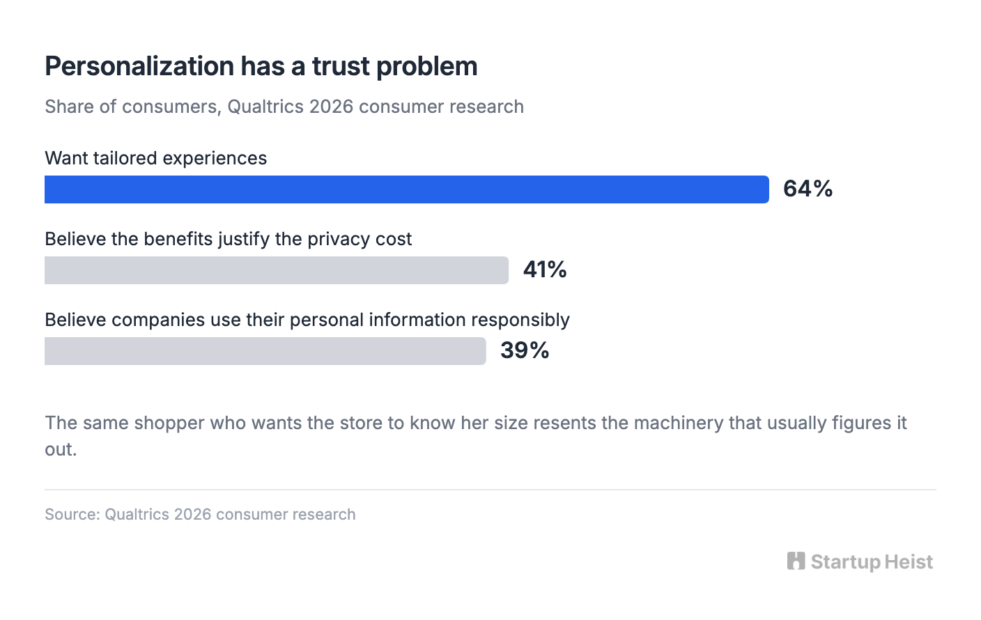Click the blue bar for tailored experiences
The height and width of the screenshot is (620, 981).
[x=407, y=189]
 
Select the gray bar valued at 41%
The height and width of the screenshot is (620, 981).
[x=277, y=270]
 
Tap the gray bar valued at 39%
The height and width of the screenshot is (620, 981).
[x=265, y=350]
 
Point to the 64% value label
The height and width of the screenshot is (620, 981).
[x=808, y=189]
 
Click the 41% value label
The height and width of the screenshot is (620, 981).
[x=545, y=270]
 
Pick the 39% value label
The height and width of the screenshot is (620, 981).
[x=525, y=350]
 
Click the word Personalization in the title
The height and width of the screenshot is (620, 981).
[x=140, y=67]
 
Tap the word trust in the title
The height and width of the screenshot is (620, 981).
[x=341, y=67]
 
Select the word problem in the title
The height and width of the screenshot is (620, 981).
[x=427, y=68]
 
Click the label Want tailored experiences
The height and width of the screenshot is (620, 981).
[x=155, y=159]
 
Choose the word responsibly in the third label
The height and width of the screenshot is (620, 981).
[x=520, y=320]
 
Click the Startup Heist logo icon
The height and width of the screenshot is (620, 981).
[x=796, y=561]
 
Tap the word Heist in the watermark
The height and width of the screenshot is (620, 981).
[x=908, y=561]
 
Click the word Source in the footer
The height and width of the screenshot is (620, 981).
[x=72, y=515]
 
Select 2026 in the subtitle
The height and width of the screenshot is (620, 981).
[x=331, y=107]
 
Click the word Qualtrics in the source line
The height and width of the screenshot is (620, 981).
[x=137, y=515]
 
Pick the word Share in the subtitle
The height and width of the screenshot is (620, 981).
[x=69, y=107]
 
